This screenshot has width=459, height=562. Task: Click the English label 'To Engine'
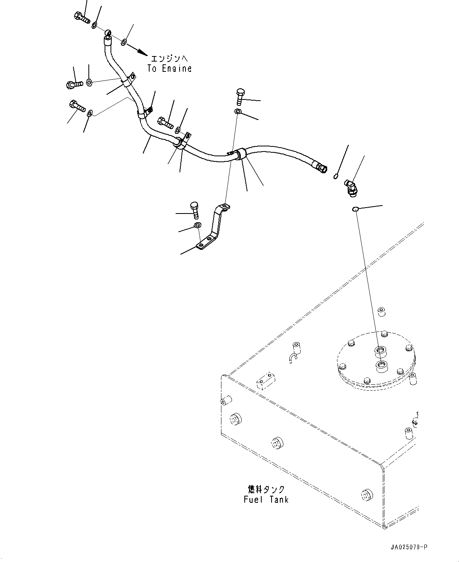pos(169,68)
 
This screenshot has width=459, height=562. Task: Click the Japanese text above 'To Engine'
pos(171,58)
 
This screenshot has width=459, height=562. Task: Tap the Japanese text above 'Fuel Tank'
pos(264,489)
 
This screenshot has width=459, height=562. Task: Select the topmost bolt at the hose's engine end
pos(81,17)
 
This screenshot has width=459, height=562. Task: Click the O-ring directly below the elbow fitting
pos(355,209)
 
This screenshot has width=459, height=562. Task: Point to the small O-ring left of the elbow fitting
pos(335,176)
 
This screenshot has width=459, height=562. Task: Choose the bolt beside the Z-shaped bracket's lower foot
pos(195,210)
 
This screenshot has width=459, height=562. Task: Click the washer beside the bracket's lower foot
pos(197,226)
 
